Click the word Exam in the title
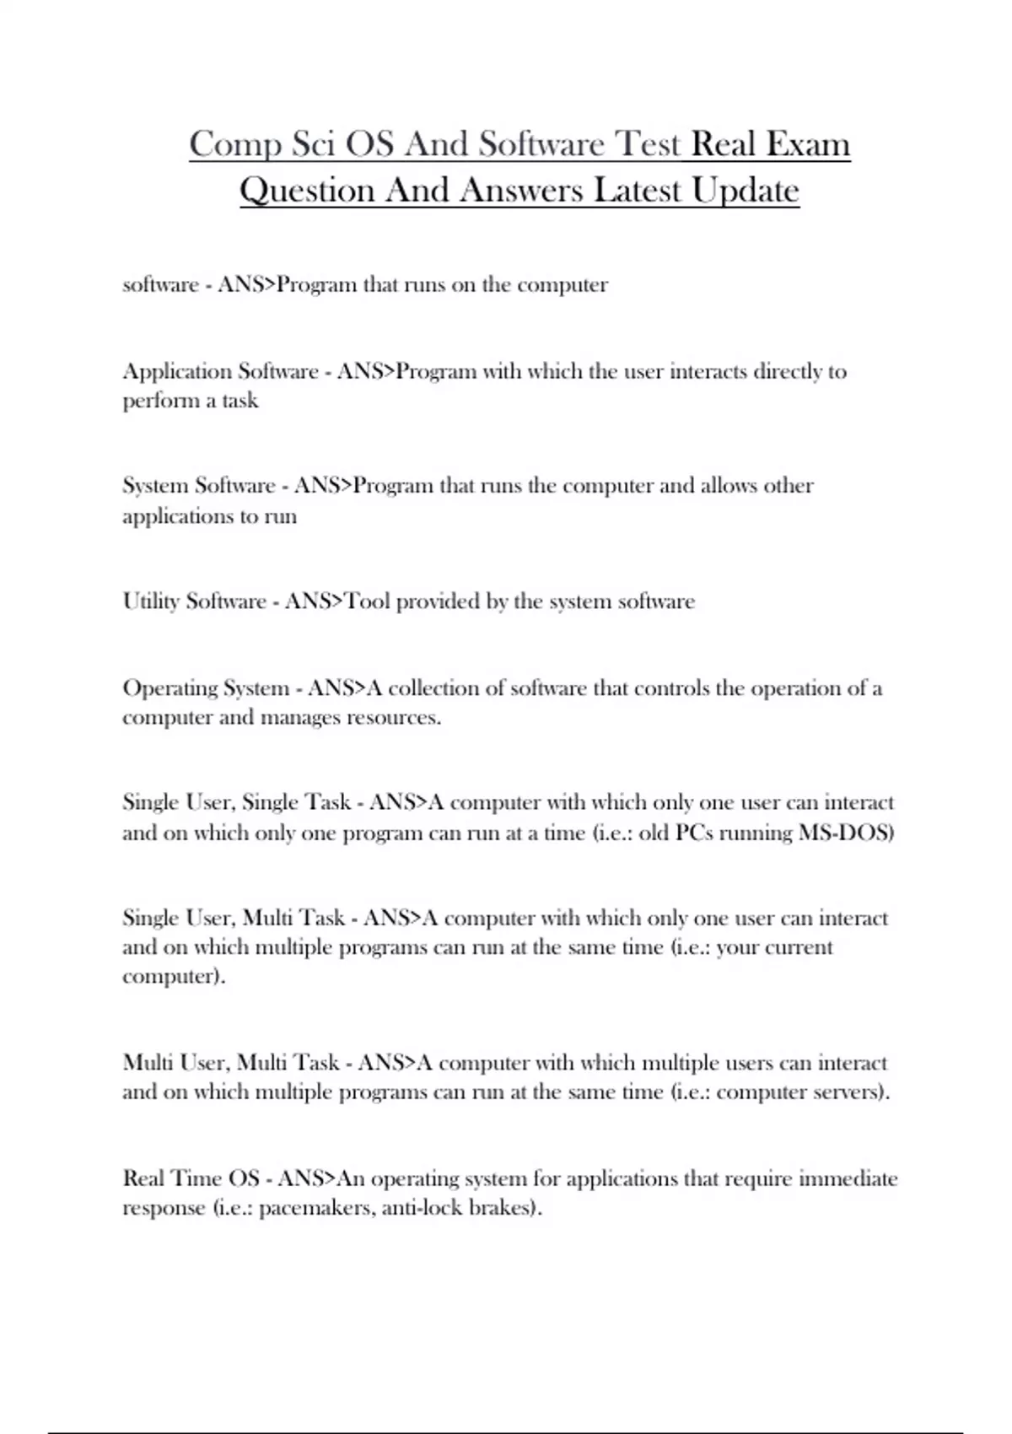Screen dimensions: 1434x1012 point(808,144)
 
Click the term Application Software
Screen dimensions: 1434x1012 point(220,371)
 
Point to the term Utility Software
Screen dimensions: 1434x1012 point(194,601)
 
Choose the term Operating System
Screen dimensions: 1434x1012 point(206,688)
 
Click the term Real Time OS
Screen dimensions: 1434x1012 point(191,1178)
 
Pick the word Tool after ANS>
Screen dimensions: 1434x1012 point(368,601)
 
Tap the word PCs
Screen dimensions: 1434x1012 point(694,833)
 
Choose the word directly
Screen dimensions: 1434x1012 point(789,371)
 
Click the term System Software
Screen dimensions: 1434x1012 point(199,486)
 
